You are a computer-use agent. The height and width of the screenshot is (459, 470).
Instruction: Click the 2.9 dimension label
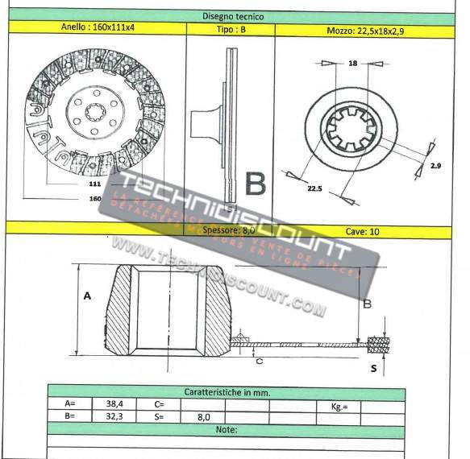[x=435, y=165]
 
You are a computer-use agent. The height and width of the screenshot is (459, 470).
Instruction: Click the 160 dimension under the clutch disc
[x=95, y=197]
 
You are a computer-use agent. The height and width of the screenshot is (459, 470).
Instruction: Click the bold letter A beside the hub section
[x=85, y=296]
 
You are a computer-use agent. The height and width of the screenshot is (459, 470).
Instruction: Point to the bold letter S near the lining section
[x=373, y=369]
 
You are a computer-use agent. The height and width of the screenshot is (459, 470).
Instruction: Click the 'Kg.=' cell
[x=339, y=407]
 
